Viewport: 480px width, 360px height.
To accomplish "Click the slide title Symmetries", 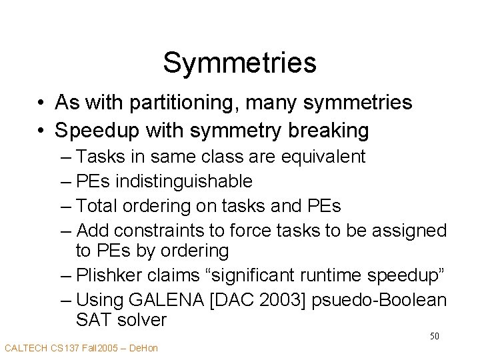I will click(x=239, y=63).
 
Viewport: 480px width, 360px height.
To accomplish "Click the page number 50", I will click(x=433, y=336).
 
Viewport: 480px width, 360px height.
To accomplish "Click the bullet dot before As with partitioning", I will click(x=41, y=103).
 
